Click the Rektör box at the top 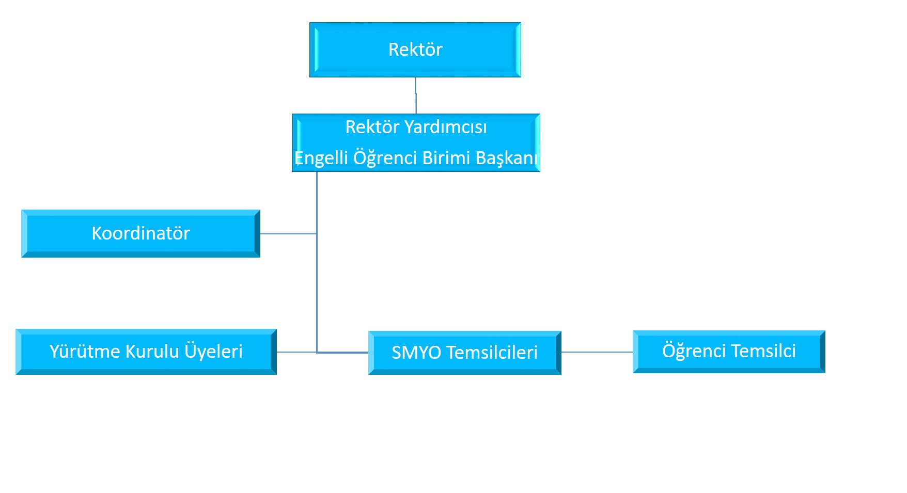pos(415,50)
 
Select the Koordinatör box pos(140,233)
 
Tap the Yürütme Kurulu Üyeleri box pos(146,352)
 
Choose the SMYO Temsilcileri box pos(464,353)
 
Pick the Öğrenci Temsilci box pos(729,352)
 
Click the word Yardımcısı pos(445,128)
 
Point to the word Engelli pos(321,158)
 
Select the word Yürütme pos(84,352)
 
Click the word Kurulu pos(152,352)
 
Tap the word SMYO pos(416,353)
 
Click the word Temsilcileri pos(492,353)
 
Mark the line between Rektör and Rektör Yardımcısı pos(416,96)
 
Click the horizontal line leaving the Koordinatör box pos(288,234)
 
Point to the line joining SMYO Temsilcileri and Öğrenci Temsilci pos(597,352)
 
